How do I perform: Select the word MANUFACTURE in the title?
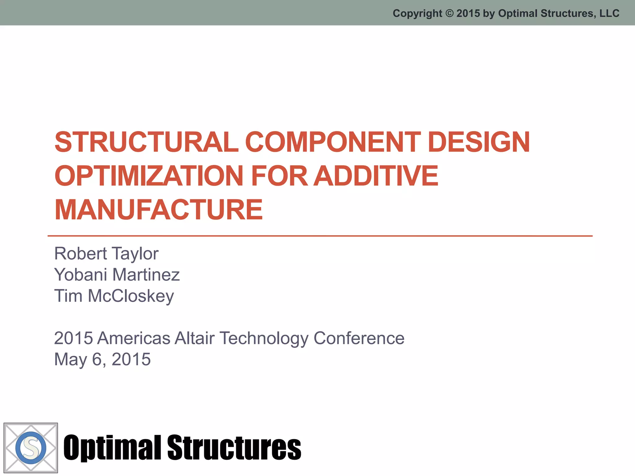pos(159,210)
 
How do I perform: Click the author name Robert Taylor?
pos(106,253)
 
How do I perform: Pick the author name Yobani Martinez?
pos(117,275)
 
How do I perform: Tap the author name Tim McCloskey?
pos(114,296)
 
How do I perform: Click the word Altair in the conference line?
pos(194,338)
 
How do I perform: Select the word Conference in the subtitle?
pos(359,338)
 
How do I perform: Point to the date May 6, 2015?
pos(102,359)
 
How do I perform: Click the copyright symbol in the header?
pos(449,13)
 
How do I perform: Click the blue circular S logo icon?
pos(31,448)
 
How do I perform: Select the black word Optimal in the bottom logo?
pos(112,448)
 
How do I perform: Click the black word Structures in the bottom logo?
pos(234,448)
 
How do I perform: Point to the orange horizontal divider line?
pos(319,236)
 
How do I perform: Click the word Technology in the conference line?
pos(264,338)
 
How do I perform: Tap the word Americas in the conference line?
pos(134,338)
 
